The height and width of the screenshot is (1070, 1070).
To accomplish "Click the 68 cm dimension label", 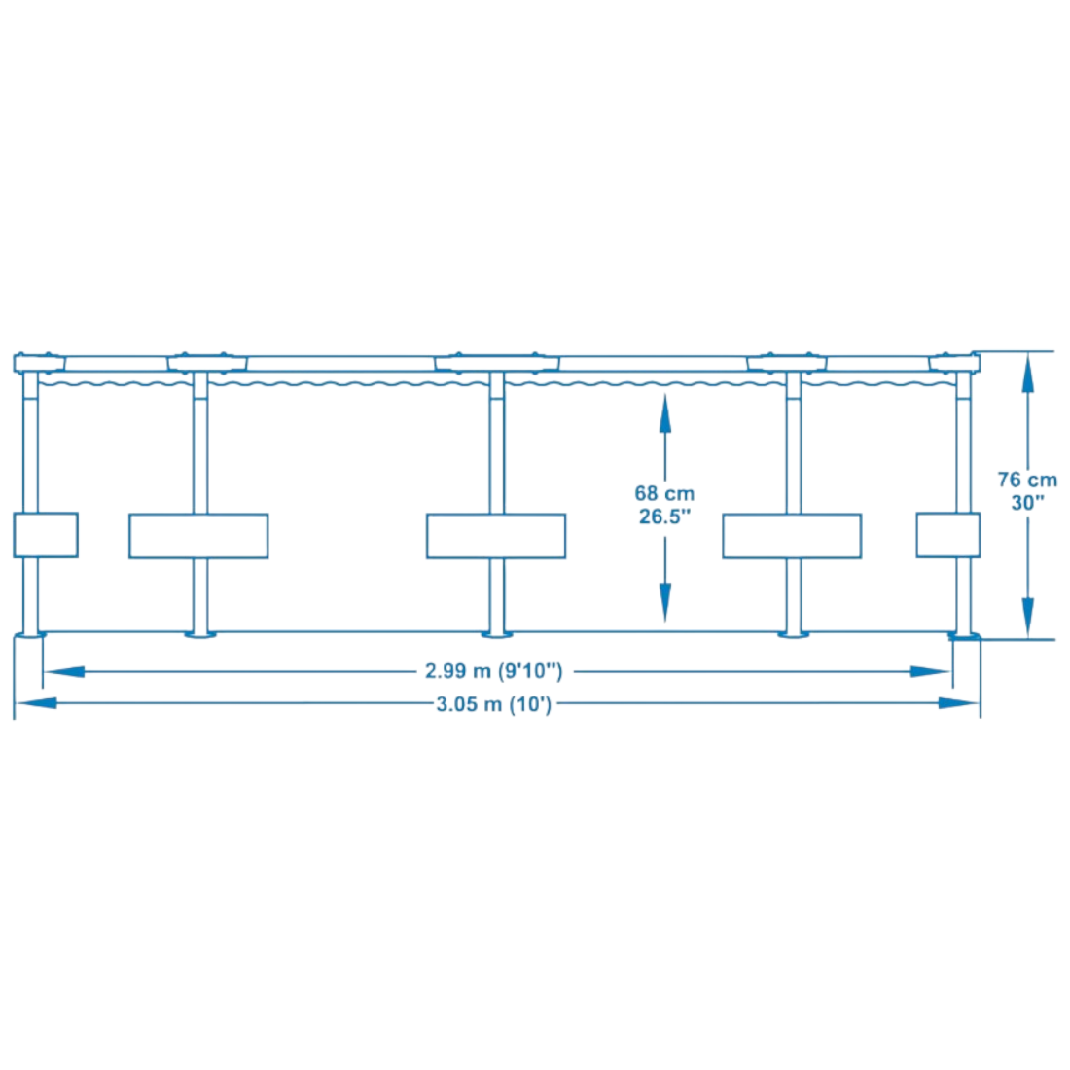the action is point(664,493).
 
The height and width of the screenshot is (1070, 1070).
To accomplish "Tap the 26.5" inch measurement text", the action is point(664,517).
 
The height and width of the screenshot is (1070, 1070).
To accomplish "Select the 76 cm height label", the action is point(1027,480).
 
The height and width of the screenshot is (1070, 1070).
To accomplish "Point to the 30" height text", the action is point(1028,503).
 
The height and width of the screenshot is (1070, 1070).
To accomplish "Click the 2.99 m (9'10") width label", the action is point(493,671).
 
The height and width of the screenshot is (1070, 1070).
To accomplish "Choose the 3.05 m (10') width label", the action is point(493,703).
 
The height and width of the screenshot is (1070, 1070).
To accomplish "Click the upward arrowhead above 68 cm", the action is point(664,412).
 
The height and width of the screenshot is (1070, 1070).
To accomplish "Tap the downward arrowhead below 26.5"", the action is point(664,602).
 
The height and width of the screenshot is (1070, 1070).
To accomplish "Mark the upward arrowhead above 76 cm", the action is point(1028,374).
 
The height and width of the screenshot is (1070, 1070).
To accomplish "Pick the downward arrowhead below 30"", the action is point(1028,618).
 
